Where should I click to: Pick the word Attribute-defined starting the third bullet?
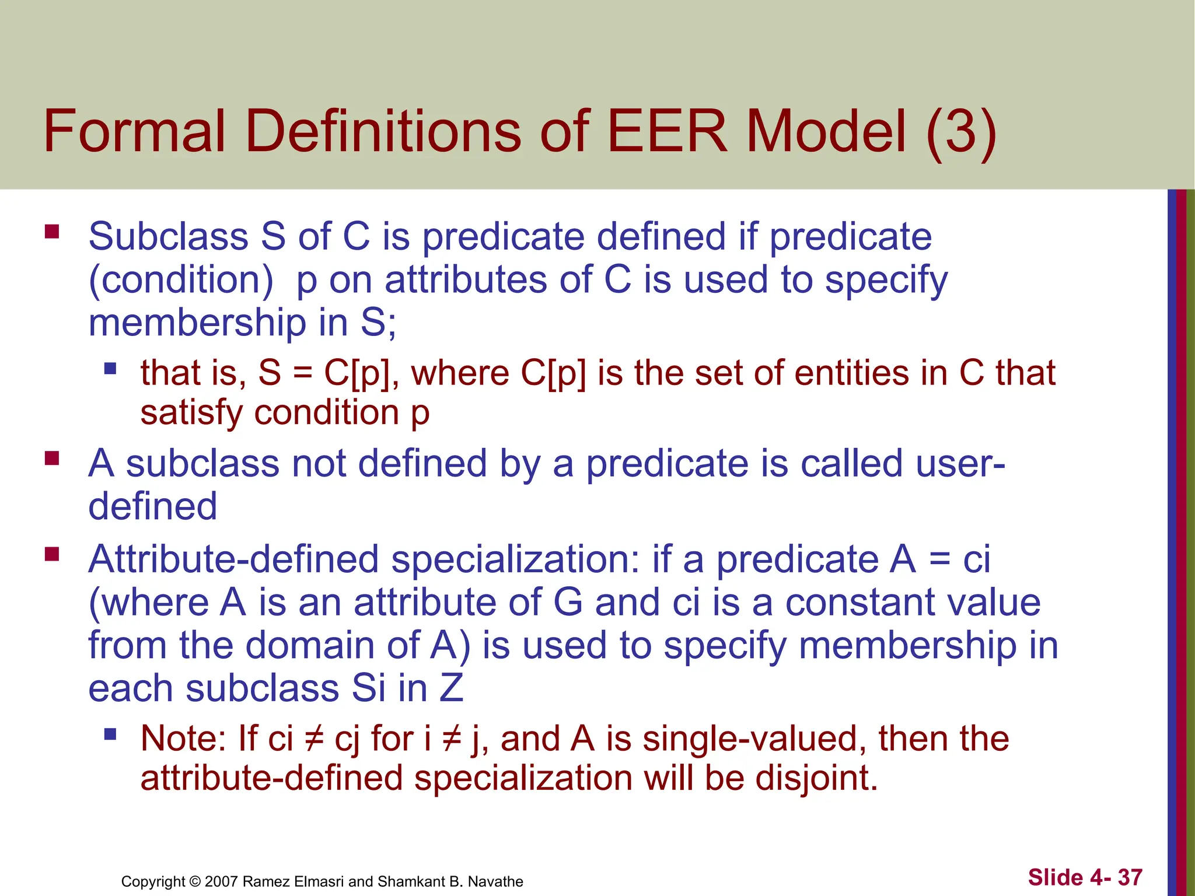pyautogui.click(x=233, y=559)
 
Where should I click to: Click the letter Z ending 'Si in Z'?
pyautogui.click(x=451, y=688)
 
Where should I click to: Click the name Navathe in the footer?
pyautogui.click(x=495, y=881)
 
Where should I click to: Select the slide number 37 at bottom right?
pyautogui.click(x=1130, y=877)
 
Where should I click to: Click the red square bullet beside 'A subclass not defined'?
pyautogui.click(x=52, y=458)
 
